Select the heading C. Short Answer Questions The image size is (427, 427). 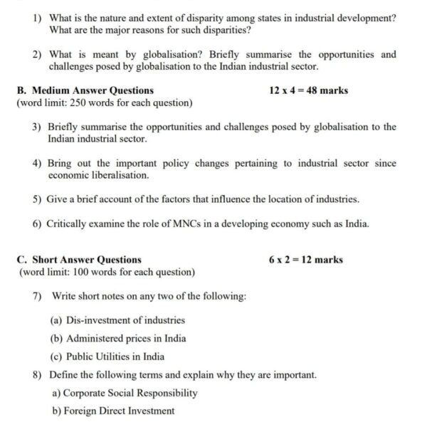(79, 260)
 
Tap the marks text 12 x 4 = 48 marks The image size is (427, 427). (309, 90)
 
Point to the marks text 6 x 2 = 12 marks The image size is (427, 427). (306, 260)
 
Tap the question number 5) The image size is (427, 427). (37, 199)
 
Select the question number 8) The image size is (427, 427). (38, 374)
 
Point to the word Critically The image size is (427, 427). (70, 223)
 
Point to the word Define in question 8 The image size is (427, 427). (65, 374)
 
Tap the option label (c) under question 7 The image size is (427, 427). (56, 357)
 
